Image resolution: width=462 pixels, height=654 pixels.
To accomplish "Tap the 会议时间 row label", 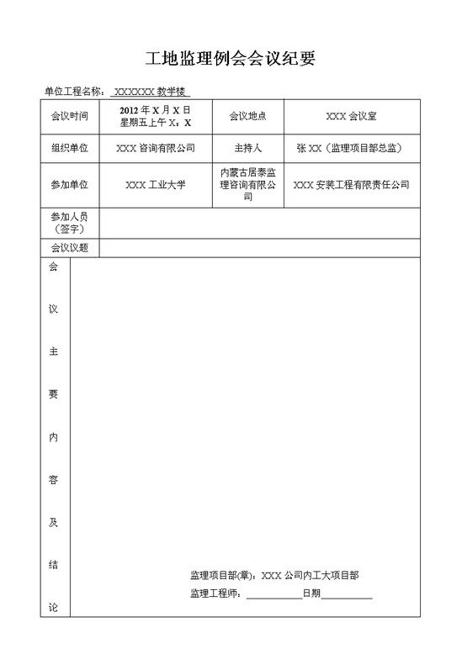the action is click(69, 117).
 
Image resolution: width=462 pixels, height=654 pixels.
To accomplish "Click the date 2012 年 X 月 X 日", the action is click(156, 111).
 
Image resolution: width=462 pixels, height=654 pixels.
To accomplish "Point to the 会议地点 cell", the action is click(247, 117).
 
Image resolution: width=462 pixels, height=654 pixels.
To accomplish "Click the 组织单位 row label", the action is click(69, 148).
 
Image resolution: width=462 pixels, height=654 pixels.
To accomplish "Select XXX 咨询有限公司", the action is click(156, 148).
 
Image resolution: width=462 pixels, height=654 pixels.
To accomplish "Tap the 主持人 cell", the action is click(247, 148).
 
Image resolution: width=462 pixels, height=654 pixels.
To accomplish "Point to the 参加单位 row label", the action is click(69, 184).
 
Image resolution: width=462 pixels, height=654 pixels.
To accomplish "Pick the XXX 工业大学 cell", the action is click(156, 184).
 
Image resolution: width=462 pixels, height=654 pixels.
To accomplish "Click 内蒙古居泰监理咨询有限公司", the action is click(247, 184).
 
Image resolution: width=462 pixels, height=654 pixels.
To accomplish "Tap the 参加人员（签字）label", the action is click(69, 223).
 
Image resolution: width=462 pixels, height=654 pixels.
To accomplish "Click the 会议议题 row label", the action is click(69, 248).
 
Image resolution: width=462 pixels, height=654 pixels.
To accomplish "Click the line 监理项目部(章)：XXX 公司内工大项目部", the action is click(274, 576).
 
